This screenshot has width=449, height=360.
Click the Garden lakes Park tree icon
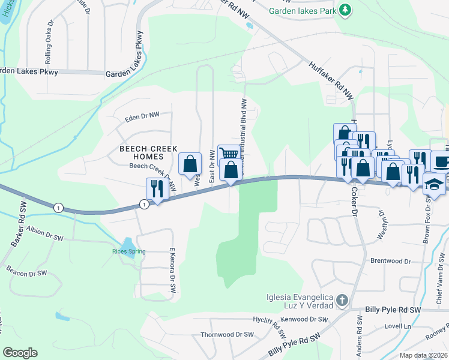coord(345,10)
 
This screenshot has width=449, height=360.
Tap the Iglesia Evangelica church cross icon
coord(342,300)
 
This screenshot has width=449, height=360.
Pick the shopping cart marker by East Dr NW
coord(228,154)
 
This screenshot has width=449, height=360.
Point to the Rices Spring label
coord(128,251)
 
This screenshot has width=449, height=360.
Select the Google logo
coord(20,353)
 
